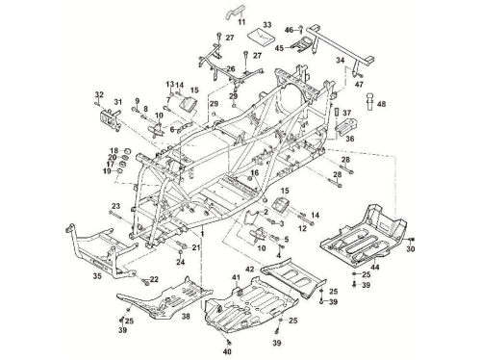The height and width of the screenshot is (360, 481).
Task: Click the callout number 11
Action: point(241,22)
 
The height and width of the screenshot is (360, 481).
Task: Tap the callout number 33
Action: point(267,25)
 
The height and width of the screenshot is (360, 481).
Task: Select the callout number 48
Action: point(382,104)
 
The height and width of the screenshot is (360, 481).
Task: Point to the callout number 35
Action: point(97,275)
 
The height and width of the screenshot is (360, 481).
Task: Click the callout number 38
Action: point(186,317)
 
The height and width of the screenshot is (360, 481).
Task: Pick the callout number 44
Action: point(375,267)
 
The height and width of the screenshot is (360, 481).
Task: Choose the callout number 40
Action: point(227,352)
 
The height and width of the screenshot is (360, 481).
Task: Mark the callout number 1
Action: point(202,234)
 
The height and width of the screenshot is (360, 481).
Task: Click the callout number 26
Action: point(231,68)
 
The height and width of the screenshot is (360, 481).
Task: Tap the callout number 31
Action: point(118,102)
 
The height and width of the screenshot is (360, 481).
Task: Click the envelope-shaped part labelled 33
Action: point(262,37)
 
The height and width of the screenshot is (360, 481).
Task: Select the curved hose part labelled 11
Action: point(235,13)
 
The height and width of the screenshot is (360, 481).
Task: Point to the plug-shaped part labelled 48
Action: point(371,100)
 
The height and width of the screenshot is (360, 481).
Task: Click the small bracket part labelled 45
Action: point(303,44)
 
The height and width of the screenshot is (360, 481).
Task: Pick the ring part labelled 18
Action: point(127,150)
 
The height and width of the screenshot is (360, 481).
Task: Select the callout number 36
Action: point(350,139)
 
